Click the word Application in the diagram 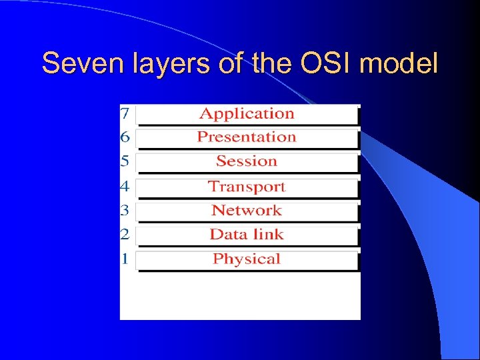tap(247, 114)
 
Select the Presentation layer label tap(247, 137)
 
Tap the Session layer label tap(247, 161)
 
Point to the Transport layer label tap(247, 187)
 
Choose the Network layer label tap(247, 211)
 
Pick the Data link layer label tap(247, 235)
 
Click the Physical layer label tap(247, 259)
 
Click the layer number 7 tap(125, 114)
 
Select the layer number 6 tap(125, 137)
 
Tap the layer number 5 tap(125, 161)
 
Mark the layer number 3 tap(125, 211)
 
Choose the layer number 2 tap(125, 235)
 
